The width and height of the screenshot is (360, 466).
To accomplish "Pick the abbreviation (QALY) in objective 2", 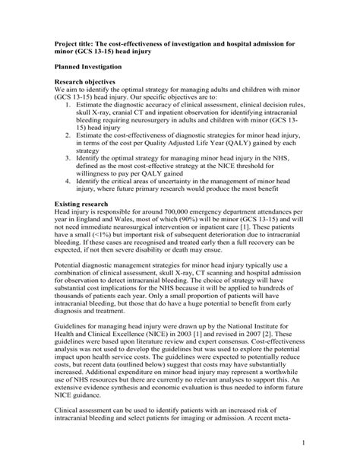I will click(x=221, y=139).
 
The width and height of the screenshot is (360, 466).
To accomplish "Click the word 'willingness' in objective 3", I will click(x=96, y=173).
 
